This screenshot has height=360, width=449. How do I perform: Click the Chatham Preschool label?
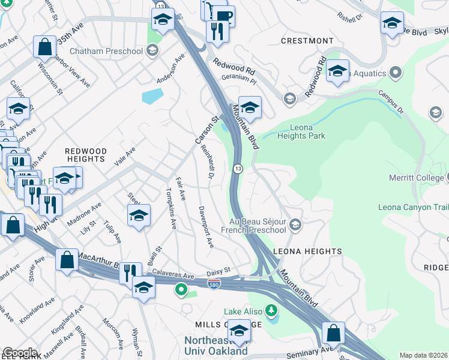pos(106,51)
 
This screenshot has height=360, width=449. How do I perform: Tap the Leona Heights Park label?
pos(301,131)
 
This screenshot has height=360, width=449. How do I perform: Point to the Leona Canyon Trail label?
pos(413,208)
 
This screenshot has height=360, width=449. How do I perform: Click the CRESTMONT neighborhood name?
pos(307,41)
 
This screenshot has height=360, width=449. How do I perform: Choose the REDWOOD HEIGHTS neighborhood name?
pos(86,155)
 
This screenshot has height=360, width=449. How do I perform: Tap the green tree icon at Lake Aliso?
pos(272,310)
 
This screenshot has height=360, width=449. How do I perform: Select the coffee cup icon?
pos(223,16)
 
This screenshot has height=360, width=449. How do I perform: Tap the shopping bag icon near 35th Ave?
pos(45,46)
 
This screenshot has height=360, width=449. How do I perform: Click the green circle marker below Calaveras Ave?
pos(180,290)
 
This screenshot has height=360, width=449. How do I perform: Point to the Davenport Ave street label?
pos(206,227)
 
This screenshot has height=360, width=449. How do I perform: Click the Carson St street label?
pos(204,130)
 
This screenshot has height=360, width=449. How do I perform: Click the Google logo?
pos(20,353)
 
